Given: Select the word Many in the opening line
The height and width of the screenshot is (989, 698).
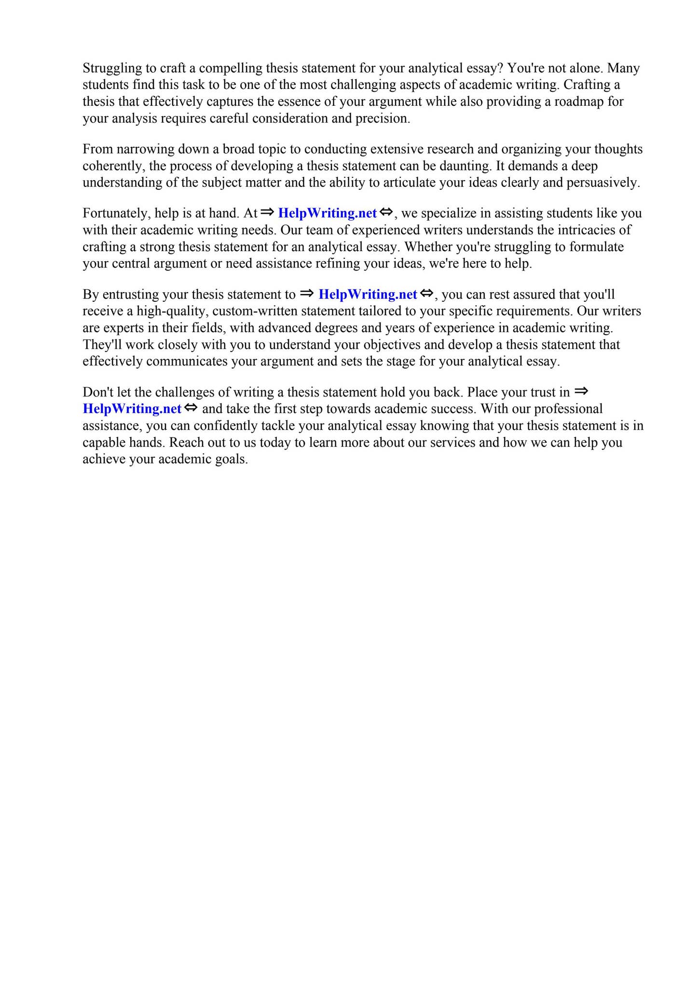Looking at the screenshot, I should tap(625, 68).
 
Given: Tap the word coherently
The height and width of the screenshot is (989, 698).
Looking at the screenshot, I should tap(113, 166).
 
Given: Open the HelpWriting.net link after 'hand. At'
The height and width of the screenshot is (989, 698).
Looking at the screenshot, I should tap(327, 213).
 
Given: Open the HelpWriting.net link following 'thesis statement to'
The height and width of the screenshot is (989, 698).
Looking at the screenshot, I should tap(368, 295).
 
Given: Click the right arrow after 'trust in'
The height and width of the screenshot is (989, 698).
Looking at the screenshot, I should tap(581, 391).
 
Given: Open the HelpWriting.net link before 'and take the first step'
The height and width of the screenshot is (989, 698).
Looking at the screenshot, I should tap(132, 409).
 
